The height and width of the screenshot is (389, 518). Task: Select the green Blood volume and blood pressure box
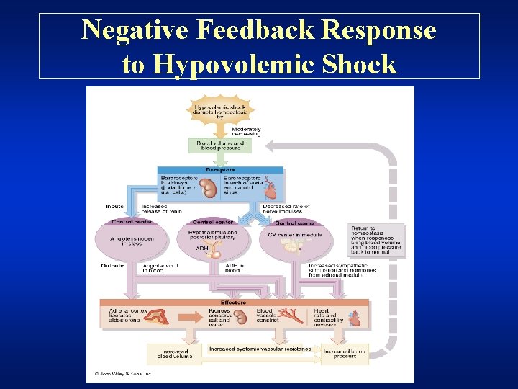(221, 145)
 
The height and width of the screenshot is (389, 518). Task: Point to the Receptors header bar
(221, 170)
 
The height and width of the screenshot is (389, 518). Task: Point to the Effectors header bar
(234, 303)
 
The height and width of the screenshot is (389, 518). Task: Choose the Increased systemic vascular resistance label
(260, 349)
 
